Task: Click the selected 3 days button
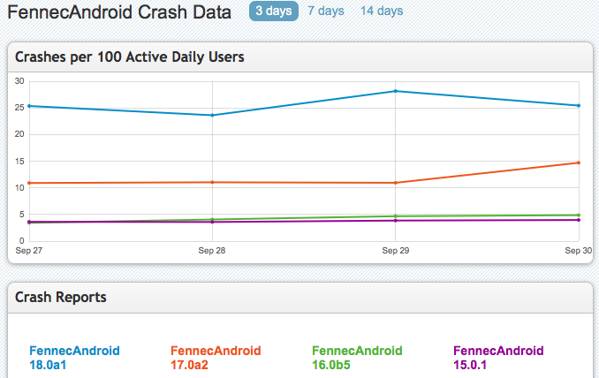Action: click(x=271, y=11)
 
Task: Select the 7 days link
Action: click(x=326, y=11)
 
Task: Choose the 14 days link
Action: click(x=382, y=11)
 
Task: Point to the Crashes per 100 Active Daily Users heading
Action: click(x=130, y=57)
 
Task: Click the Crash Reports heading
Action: click(x=61, y=297)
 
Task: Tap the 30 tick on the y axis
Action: click(x=20, y=80)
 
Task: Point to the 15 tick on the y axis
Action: click(x=20, y=161)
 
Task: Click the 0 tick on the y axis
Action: click(x=22, y=241)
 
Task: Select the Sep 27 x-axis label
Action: click(x=28, y=251)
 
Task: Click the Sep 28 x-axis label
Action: click(x=212, y=251)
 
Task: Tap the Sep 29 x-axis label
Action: click(x=395, y=251)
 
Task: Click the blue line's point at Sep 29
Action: click(x=395, y=91)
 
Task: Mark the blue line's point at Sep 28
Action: click(x=212, y=115)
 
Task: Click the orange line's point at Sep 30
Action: click(x=578, y=163)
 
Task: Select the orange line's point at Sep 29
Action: click(x=395, y=183)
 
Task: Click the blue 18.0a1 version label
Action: click(x=51, y=365)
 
